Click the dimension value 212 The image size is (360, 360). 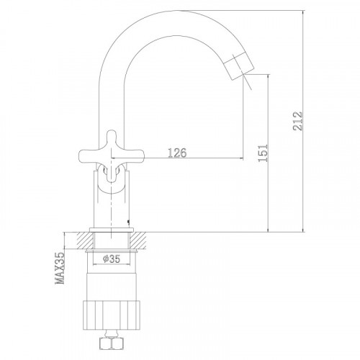tap(297, 121)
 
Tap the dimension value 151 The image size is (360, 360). tap(263, 153)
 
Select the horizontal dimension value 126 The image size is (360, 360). tap(177, 153)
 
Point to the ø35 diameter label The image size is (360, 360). tap(112, 259)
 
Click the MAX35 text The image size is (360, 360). tap(60, 268)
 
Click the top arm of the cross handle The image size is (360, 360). tap(111, 139)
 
